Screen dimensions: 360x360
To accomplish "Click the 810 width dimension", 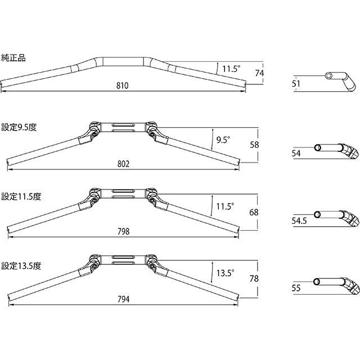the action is [x=123, y=85].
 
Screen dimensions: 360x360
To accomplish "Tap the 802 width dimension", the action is [x=123, y=164].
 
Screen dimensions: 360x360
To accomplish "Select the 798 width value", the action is [x=124, y=231].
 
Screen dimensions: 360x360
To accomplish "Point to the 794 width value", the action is [x=124, y=299].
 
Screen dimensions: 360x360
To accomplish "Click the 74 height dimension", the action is [x=259, y=73].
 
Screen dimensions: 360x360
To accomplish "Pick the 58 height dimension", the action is [x=254, y=145].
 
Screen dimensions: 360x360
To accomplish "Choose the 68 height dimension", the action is [x=254, y=212].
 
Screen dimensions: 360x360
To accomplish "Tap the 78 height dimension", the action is [x=254, y=278].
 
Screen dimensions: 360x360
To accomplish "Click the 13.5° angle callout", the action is [x=226, y=273].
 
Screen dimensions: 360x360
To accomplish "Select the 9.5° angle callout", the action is [x=223, y=140].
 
